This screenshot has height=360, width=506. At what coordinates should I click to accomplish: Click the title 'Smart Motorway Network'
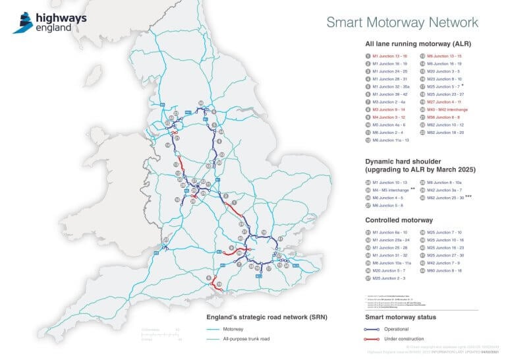point(402,22)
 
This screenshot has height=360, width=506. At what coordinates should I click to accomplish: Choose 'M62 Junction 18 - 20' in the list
point(445,133)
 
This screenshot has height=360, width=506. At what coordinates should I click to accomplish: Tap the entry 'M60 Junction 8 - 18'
point(445,270)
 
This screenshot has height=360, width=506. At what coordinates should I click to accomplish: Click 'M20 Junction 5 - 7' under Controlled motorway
point(389,270)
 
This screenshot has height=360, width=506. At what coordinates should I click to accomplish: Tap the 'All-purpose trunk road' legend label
point(246,338)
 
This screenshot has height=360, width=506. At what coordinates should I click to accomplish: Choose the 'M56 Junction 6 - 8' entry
point(445,117)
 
